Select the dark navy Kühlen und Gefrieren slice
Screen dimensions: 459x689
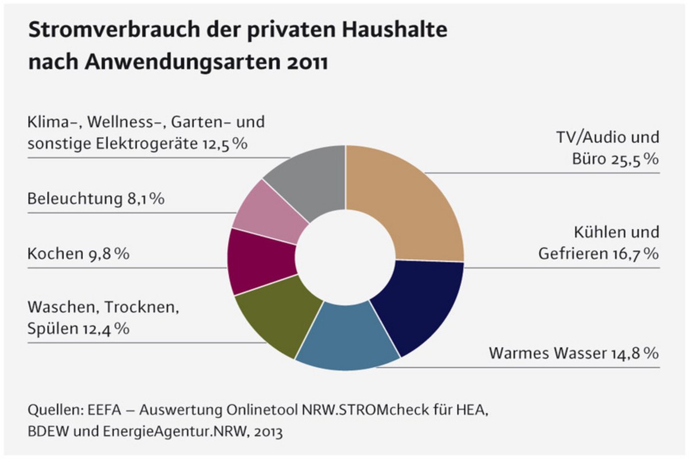[x=419, y=304]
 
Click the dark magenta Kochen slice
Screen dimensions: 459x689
[x=256, y=261]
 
